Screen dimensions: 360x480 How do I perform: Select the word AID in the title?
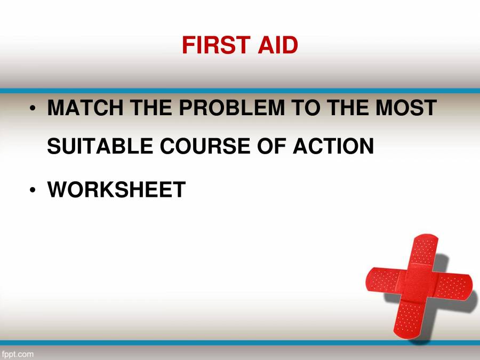click(277, 45)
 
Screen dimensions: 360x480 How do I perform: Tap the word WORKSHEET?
click(116, 189)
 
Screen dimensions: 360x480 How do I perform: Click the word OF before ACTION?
click(273, 146)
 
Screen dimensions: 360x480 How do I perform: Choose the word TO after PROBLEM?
click(305, 109)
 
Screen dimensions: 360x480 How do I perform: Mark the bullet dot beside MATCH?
click(33, 109)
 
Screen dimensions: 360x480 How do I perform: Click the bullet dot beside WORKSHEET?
click(33, 190)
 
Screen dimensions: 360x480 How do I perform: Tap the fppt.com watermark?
click(18, 354)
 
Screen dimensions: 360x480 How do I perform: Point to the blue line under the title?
click(240, 91)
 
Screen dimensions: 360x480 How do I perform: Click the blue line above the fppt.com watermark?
click(240, 343)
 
